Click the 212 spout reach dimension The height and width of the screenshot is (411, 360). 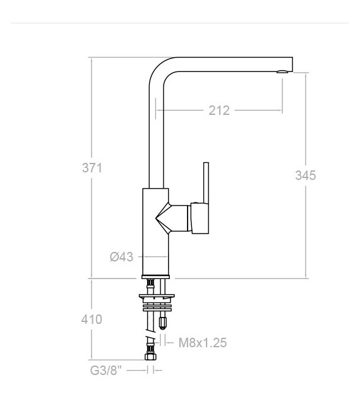pos(219,110)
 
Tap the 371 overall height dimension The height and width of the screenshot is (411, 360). pos(92,168)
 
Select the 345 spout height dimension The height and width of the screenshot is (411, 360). pos(306,176)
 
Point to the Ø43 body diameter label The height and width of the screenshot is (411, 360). pos(121,257)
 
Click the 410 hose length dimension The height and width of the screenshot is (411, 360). pos(92,319)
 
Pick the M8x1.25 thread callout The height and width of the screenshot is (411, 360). pos(202,343)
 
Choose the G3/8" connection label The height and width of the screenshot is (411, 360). pos(106,371)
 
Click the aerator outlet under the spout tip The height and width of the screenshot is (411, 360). pos(282,71)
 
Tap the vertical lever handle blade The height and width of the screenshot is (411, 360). pos(206,182)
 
